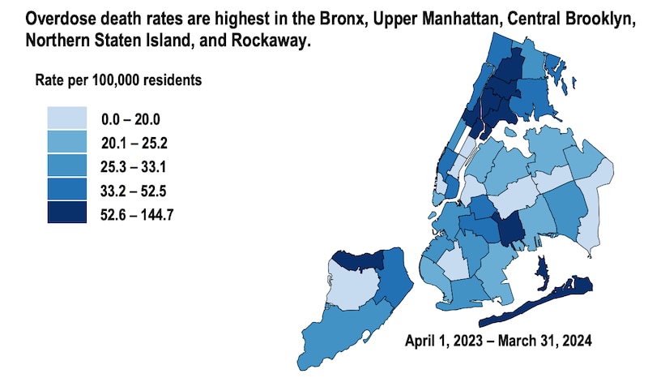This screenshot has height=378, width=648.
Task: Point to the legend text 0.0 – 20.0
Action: click(x=130, y=120)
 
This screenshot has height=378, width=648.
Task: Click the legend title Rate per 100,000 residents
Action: click(x=118, y=81)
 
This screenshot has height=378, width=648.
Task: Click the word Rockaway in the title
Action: click(x=275, y=41)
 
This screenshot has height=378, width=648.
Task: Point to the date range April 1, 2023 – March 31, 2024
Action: click(x=499, y=341)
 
